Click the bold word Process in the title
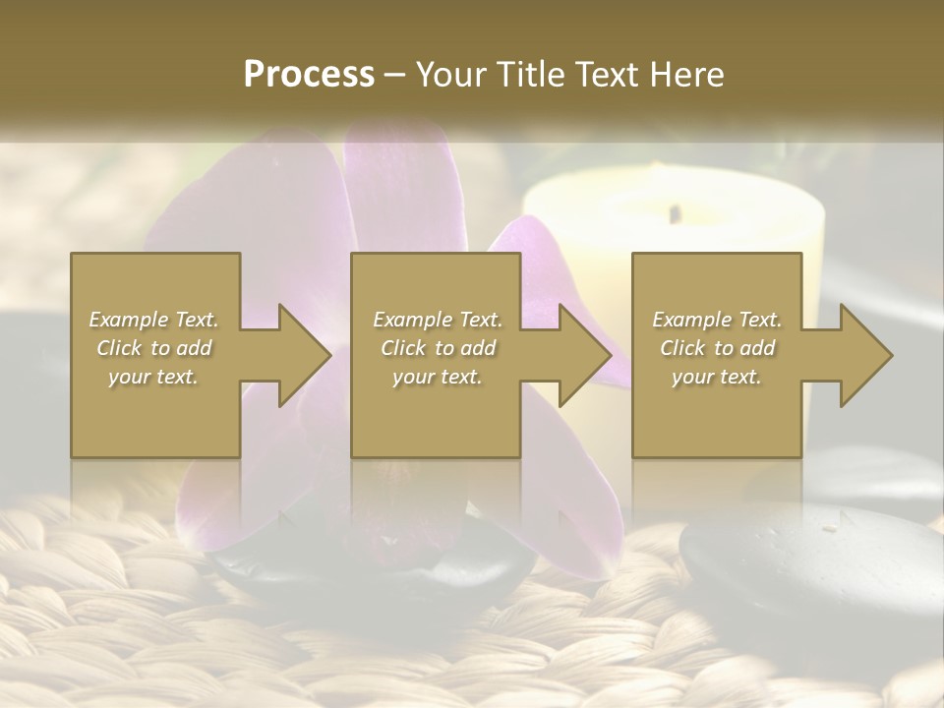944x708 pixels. (x=309, y=74)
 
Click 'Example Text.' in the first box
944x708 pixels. (x=153, y=320)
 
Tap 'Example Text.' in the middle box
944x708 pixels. (x=438, y=320)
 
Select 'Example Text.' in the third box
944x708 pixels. (x=717, y=320)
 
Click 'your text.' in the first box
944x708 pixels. (x=153, y=377)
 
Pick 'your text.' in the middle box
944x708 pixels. (x=438, y=377)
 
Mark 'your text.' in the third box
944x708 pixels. (x=717, y=377)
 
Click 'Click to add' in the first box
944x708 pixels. (x=153, y=348)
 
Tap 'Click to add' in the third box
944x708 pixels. (x=717, y=348)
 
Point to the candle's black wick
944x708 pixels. (x=675, y=211)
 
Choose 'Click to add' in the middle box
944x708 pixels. (x=438, y=348)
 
